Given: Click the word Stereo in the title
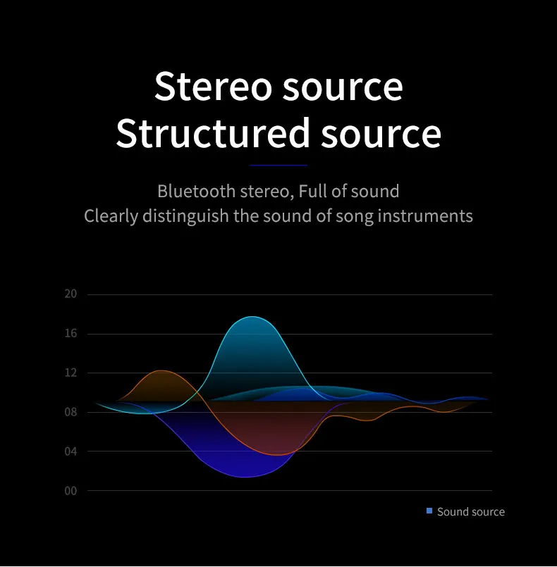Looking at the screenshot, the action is pyautogui.click(x=213, y=86).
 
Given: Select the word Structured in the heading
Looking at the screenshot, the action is pyautogui.click(x=213, y=133).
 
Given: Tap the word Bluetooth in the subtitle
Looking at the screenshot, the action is pyautogui.click(x=196, y=191).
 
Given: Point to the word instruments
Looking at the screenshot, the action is pyautogui.click(x=425, y=216).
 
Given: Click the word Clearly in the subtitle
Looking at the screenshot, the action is pyautogui.click(x=111, y=216).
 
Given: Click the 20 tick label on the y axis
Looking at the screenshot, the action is pyautogui.click(x=71, y=294).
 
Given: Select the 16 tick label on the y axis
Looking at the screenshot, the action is pyautogui.click(x=71, y=333).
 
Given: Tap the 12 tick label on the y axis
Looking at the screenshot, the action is pyautogui.click(x=71, y=373).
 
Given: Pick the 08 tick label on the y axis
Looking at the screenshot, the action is pyautogui.click(x=71, y=412).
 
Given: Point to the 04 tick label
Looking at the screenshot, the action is pyautogui.click(x=71, y=451).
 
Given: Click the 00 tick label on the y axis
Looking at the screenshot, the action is pyautogui.click(x=71, y=491).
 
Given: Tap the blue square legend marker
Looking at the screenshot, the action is pyautogui.click(x=429, y=511).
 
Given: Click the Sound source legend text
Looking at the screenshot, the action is pyautogui.click(x=471, y=511).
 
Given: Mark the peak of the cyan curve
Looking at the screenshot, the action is pyautogui.click(x=252, y=317).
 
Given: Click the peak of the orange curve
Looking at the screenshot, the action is pyautogui.click(x=161, y=370).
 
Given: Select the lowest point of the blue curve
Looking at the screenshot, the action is pyautogui.click(x=245, y=477).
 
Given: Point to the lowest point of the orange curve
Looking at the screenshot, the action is pyautogui.click(x=277, y=455).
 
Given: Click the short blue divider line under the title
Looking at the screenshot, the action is pyautogui.click(x=278, y=166).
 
